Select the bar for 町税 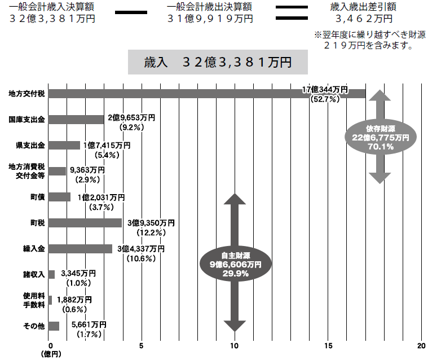[x=85, y=223]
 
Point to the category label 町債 [x=38, y=197]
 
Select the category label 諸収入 [x=33, y=275]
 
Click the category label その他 [x=34, y=326]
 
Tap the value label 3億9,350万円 [x=151, y=223]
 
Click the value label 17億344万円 [x=325, y=90]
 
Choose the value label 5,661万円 [x=89, y=325]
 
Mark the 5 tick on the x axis [x=142, y=345]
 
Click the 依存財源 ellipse [x=380, y=137]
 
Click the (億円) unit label [x=50, y=354]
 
